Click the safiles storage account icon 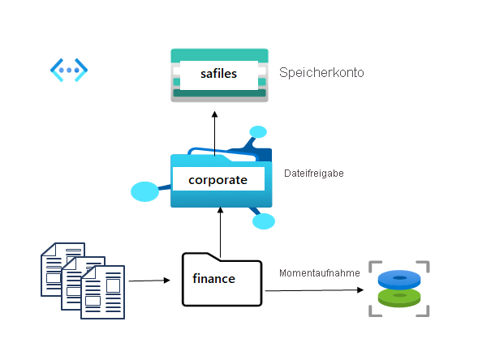coord(219,75)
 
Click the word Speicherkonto coord(321,73)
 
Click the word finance coord(213,279)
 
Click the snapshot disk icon coord(398,288)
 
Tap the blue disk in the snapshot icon coord(398,279)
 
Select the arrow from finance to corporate coord(220,230)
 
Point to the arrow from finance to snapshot coord(312,289)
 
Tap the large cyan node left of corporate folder coord(145,192)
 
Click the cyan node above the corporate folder coord(258,131)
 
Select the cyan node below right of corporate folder coord(264,221)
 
